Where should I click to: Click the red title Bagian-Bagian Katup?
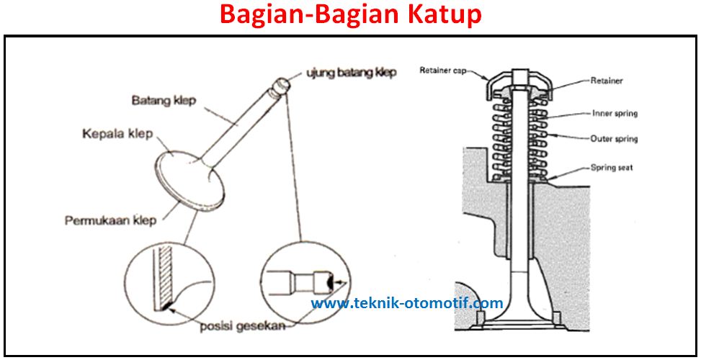[350, 14]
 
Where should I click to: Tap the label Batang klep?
[164, 99]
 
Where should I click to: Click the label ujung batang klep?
[351, 73]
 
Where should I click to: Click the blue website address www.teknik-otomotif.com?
[407, 303]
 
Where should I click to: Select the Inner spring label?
[615, 113]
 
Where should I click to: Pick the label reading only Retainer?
[607, 81]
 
